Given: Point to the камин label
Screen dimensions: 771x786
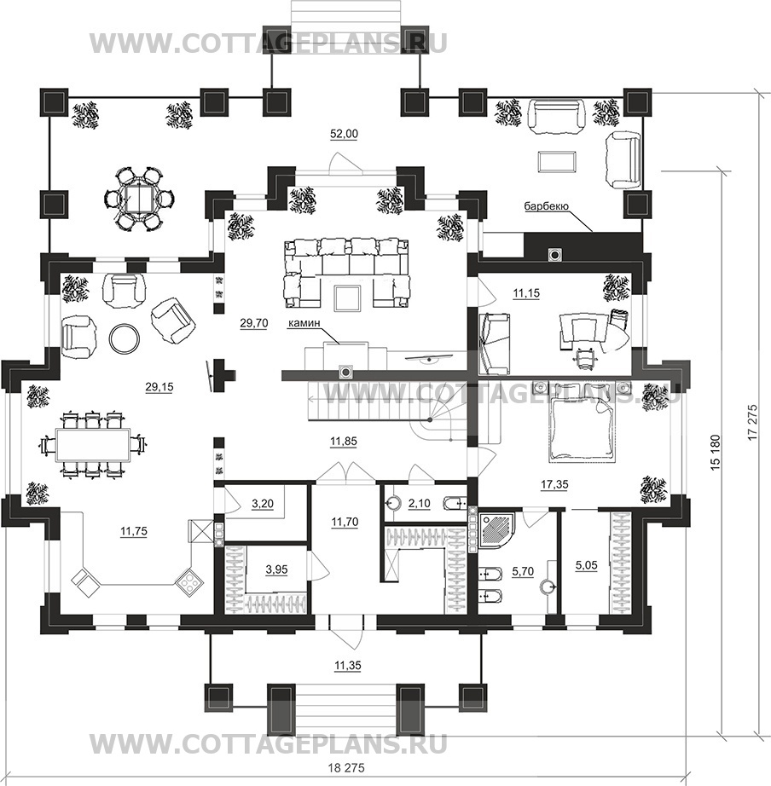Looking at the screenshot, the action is coord(304,323).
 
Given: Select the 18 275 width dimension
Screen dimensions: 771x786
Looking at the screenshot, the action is coord(347,768).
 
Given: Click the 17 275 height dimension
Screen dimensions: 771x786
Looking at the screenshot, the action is coord(752,422).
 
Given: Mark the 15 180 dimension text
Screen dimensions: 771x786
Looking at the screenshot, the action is coord(715,452).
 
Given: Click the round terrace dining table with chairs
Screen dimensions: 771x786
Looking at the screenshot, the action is coord(135,199).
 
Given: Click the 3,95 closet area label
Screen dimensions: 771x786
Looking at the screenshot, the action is coord(277,569).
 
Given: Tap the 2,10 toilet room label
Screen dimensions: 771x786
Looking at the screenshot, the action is coord(420,503).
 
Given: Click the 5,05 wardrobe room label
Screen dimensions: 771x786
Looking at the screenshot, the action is coord(587,565).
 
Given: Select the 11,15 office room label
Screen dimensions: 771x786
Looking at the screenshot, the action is coord(526,293).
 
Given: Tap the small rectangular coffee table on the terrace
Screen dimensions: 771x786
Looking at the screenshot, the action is coord(557,162).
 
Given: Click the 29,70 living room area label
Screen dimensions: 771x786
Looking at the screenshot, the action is coord(254,323).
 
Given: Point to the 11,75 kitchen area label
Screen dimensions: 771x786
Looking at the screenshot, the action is coord(134,531).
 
